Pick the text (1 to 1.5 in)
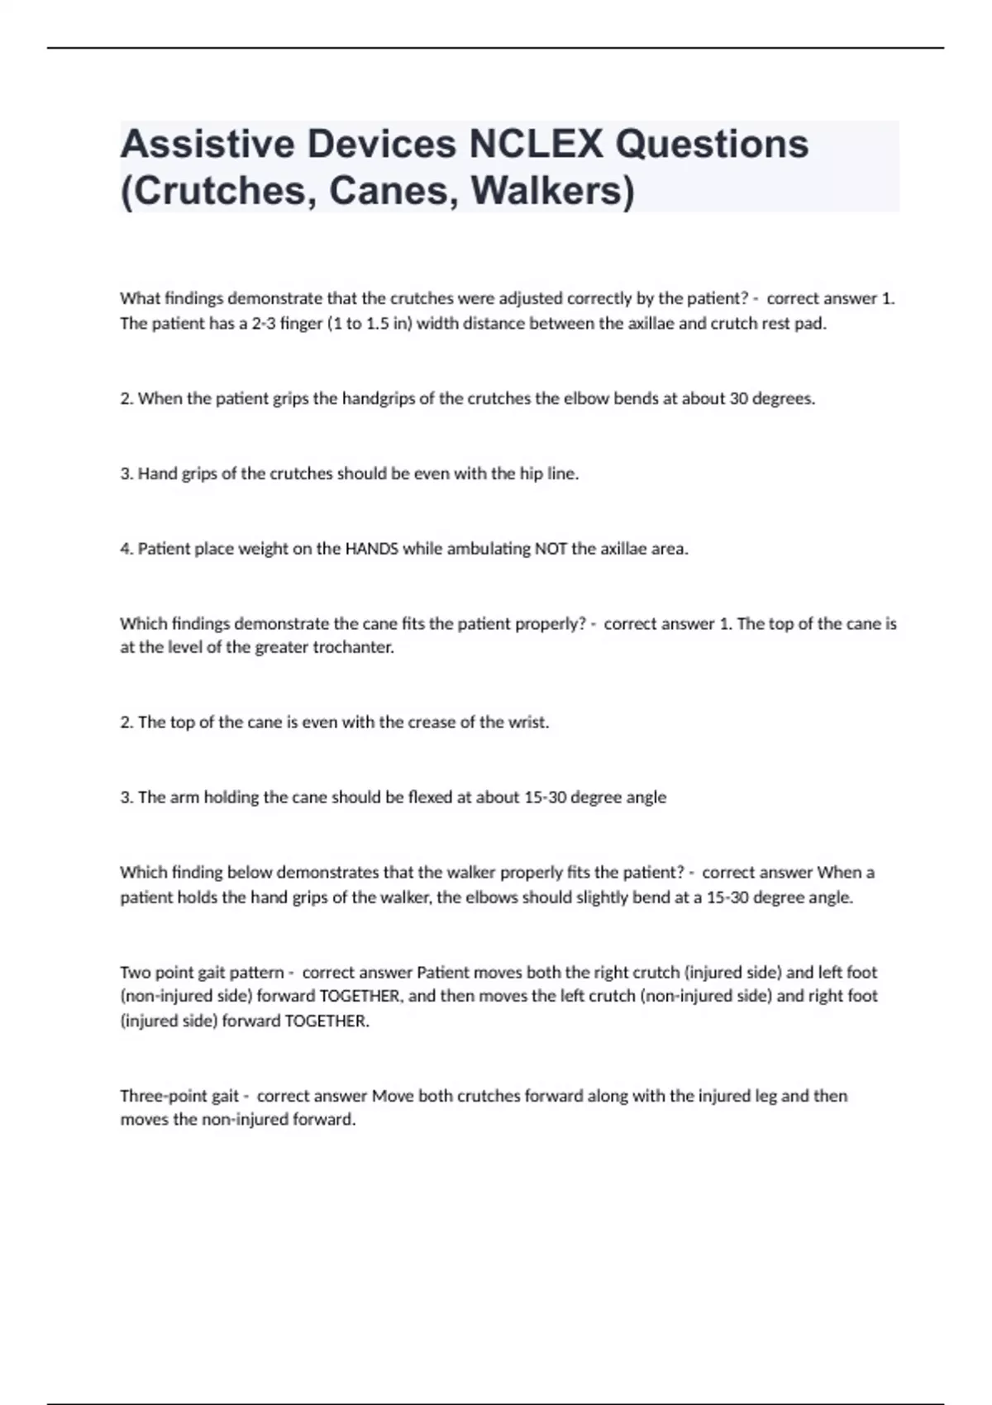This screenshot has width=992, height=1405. tap(370, 323)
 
